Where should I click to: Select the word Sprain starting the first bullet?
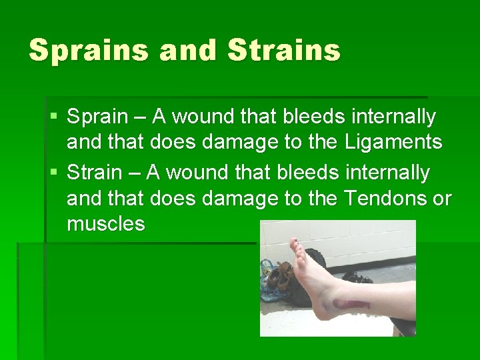click(x=97, y=117)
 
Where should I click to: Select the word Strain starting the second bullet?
click(x=95, y=173)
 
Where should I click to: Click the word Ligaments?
click(x=393, y=142)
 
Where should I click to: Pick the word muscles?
click(x=105, y=224)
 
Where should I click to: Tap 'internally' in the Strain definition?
click(x=390, y=173)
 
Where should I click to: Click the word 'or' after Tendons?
click(x=442, y=199)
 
